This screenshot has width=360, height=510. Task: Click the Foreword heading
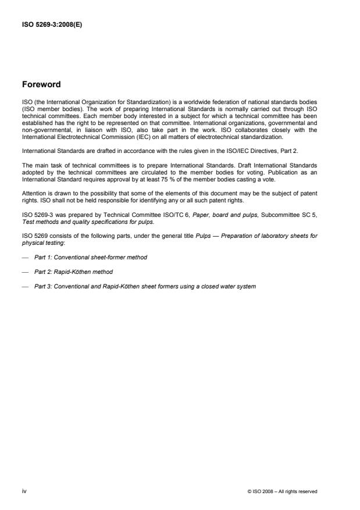click(41, 84)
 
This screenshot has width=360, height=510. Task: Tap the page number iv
click(24, 491)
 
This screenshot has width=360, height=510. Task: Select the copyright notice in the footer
click(282, 491)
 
